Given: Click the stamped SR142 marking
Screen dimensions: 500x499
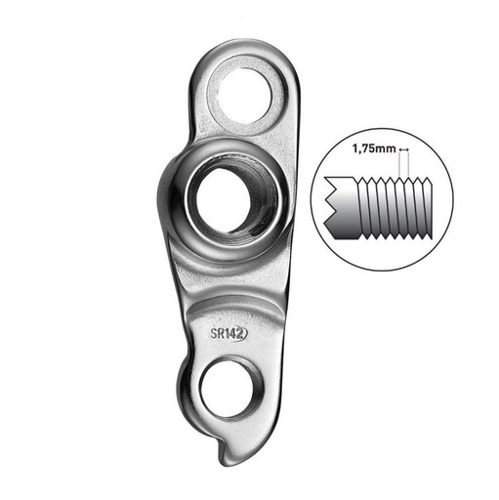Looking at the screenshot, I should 228,333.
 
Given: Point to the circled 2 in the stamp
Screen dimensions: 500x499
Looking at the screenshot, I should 239,333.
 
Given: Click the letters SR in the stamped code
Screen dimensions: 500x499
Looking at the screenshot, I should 217,333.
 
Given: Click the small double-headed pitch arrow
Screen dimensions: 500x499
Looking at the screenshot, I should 404,149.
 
